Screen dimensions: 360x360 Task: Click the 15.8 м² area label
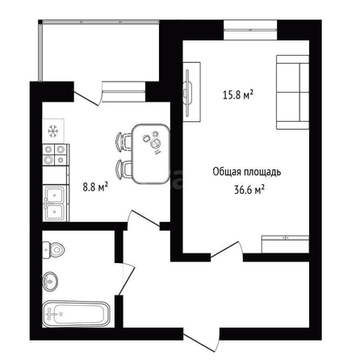(x=238, y=94)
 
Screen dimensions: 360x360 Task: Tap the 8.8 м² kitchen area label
(x=95, y=186)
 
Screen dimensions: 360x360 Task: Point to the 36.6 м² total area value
(x=249, y=190)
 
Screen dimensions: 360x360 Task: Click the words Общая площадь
(x=247, y=172)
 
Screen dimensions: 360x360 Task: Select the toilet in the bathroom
(x=53, y=250)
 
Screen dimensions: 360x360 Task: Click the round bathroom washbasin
(x=50, y=281)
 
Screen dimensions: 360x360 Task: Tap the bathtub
(x=76, y=314)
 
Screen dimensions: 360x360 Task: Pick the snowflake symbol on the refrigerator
(x=53, y=131)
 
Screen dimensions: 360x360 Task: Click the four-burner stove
(x=55, y=155)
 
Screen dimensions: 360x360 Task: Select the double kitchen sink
(x=55, y=203)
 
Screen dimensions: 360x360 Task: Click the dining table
(x=152, y=153)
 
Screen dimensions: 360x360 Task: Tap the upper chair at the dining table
(x=123, y=142)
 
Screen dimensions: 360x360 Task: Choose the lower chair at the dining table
(x=123, y=169)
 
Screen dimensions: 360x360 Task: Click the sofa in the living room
(x=292, y=92)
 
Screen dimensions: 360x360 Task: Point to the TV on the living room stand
(x=187, y=93)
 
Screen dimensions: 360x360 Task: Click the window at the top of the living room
(x=250, y=30)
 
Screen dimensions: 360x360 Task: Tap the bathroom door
(x=127, y=278)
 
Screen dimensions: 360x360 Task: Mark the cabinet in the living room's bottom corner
(x=285, y=244)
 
